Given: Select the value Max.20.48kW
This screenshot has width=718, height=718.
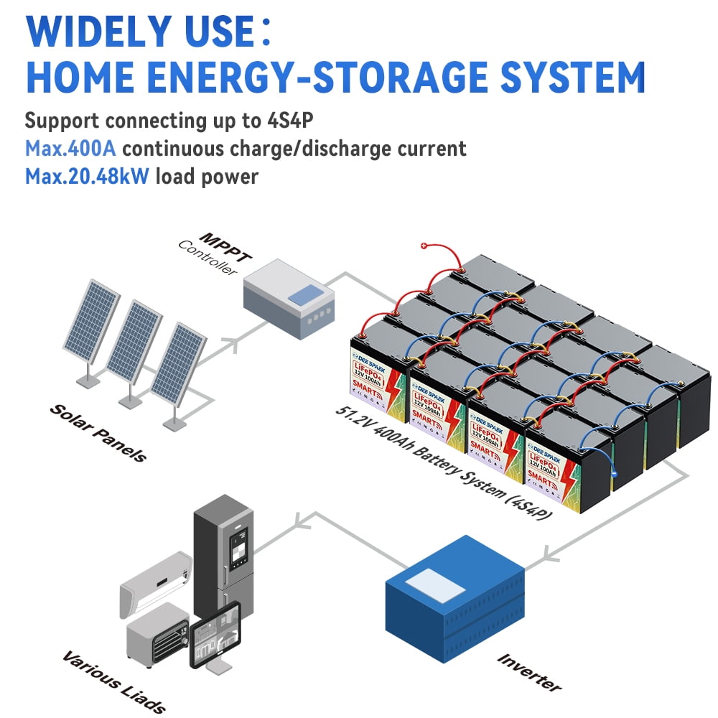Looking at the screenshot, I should click(x=88, y=176).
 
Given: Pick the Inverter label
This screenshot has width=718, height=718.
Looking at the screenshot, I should click(x=528, y=671).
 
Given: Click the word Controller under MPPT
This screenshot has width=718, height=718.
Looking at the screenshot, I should click(x=207, y=259).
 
